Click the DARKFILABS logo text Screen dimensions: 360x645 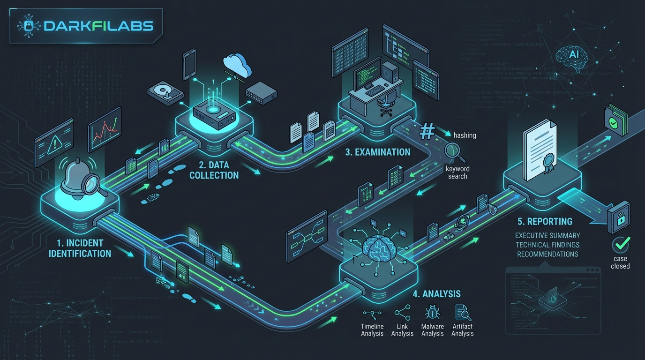[98, 26]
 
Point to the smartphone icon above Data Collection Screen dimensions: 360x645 [189, 65]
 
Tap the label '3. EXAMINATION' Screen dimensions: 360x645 [377, 152]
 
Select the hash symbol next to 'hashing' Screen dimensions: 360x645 [427, 131]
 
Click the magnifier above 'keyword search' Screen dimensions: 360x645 [453, 151]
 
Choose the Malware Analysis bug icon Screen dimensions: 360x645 [432, 312]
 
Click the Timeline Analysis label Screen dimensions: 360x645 [372, 330]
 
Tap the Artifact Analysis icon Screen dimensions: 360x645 [463, 312]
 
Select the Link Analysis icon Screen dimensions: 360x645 [402, 312]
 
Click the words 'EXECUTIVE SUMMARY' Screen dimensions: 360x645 [547, 235]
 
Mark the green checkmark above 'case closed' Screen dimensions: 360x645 [621, 244]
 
